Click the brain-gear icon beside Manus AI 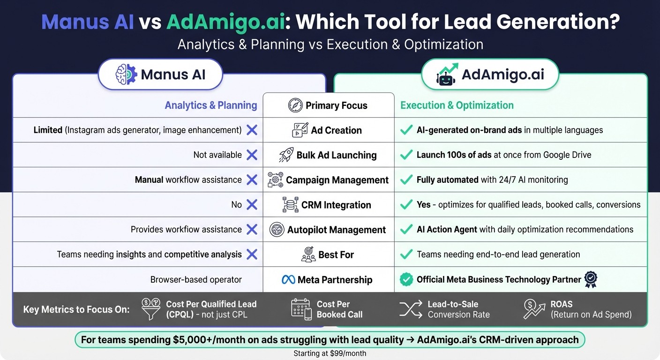point(126,75)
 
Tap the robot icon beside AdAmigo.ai point(446,75)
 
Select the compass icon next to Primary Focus point(295,105)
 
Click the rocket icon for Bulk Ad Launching point(286,155)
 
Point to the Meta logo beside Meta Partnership point(288,280)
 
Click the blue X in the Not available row point(252,155)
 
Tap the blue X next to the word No point(252,204)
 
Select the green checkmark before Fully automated point(406,180)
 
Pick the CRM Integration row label point(336,205)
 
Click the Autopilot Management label point(337,230)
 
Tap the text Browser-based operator point(196,280)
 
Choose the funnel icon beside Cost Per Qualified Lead point(151,309)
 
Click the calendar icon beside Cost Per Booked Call point(301,309)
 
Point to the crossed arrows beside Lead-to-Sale point(411,309)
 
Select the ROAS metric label point(562,304)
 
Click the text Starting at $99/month point(330,353)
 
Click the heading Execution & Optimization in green point(457,105)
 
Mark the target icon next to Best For point(308,255)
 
